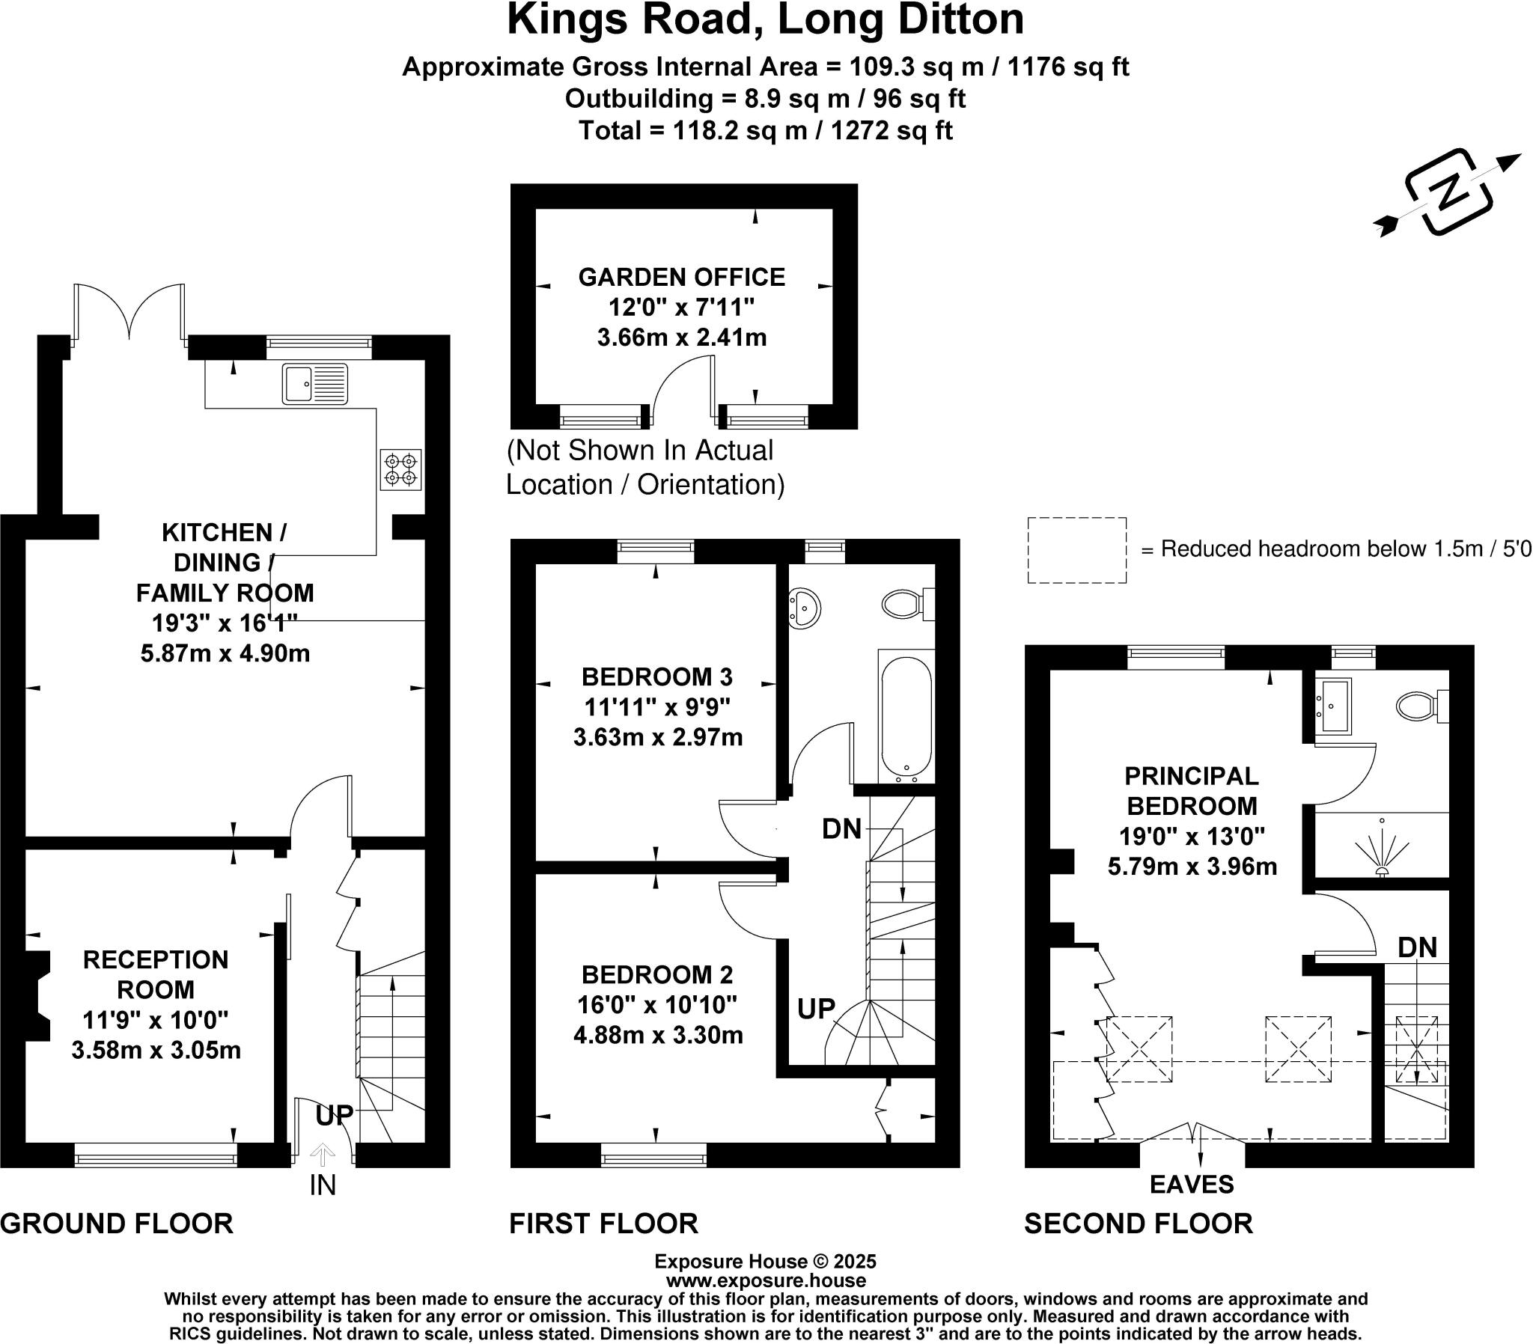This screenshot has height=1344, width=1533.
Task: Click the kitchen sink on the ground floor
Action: (x=315, y=383)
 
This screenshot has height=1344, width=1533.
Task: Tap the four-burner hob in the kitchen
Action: (x=400, y=469)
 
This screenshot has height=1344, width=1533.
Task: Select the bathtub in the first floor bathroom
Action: (x=906, y=717)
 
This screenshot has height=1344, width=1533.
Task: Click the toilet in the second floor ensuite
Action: (x=1422, y=706)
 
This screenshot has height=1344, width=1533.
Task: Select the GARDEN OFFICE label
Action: (x=682, y=277)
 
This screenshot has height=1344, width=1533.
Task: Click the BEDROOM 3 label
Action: (x=657, y=676)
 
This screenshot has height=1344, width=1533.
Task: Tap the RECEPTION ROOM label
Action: (x=155, y=974)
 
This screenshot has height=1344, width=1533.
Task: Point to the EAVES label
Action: (x=1192, y=1185)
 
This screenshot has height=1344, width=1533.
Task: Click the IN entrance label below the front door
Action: (x=323, y=1185)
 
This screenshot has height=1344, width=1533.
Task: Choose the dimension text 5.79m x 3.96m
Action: (x=1192, y=867)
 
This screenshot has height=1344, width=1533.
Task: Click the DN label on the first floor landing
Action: (x=841, y=828)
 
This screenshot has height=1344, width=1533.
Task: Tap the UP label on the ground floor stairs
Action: (x=334, y=1115)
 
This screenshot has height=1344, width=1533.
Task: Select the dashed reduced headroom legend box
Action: (x=1076, y=550)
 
